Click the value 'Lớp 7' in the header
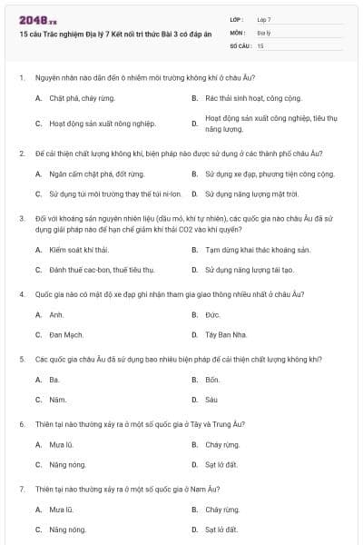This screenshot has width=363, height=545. pos(263,19)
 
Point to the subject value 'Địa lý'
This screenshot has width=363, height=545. pos(264,32)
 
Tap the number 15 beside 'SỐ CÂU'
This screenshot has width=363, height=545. pos(260,45)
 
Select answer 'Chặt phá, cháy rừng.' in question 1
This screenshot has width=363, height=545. pos(83,96)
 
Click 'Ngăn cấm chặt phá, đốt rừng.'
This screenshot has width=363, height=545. pos(97,173)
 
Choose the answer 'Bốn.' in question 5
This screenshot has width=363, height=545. pos(212,380)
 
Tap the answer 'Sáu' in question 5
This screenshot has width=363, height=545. pos(211,400)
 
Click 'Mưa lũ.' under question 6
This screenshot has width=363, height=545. pos(62,445)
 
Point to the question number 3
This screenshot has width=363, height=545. pos(21,218)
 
